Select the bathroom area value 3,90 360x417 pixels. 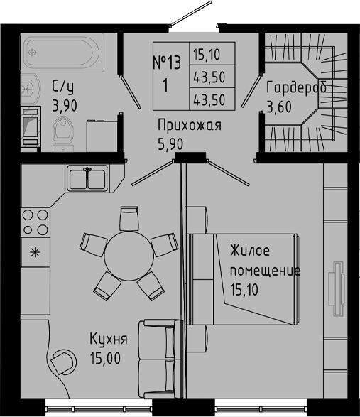click(x=65, y=107)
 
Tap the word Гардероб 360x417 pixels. click(x=296, y=88)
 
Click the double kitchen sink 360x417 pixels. click(x=87, y=178)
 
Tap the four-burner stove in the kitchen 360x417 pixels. click(x=36, y=222)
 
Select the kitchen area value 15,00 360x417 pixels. click(x=104, y=356)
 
